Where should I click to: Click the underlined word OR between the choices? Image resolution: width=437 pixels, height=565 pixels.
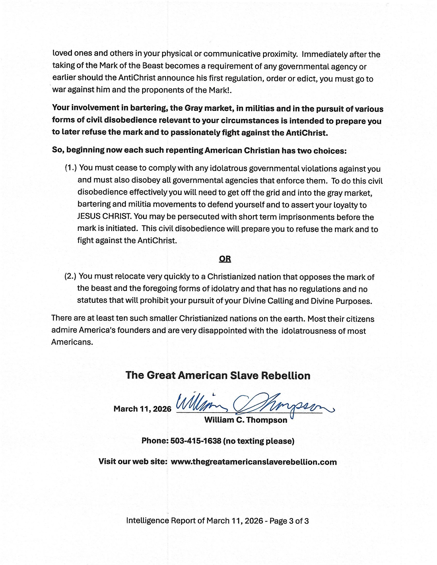point(225,259)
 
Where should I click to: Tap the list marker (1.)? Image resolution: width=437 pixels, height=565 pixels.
point(71,168)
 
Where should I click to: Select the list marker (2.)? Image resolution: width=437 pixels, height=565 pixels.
point(70,276)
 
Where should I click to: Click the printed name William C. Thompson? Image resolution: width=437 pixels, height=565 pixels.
point(246,420)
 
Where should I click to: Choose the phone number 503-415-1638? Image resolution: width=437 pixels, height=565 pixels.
point(196,441)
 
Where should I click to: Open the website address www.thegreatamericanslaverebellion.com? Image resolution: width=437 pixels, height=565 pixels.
point(254,462)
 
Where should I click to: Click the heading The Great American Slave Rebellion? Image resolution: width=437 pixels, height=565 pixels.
point(218,375)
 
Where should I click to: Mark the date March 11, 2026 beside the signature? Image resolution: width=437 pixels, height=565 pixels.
point(142,409)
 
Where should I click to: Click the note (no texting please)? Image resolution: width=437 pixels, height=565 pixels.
point(259,441)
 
